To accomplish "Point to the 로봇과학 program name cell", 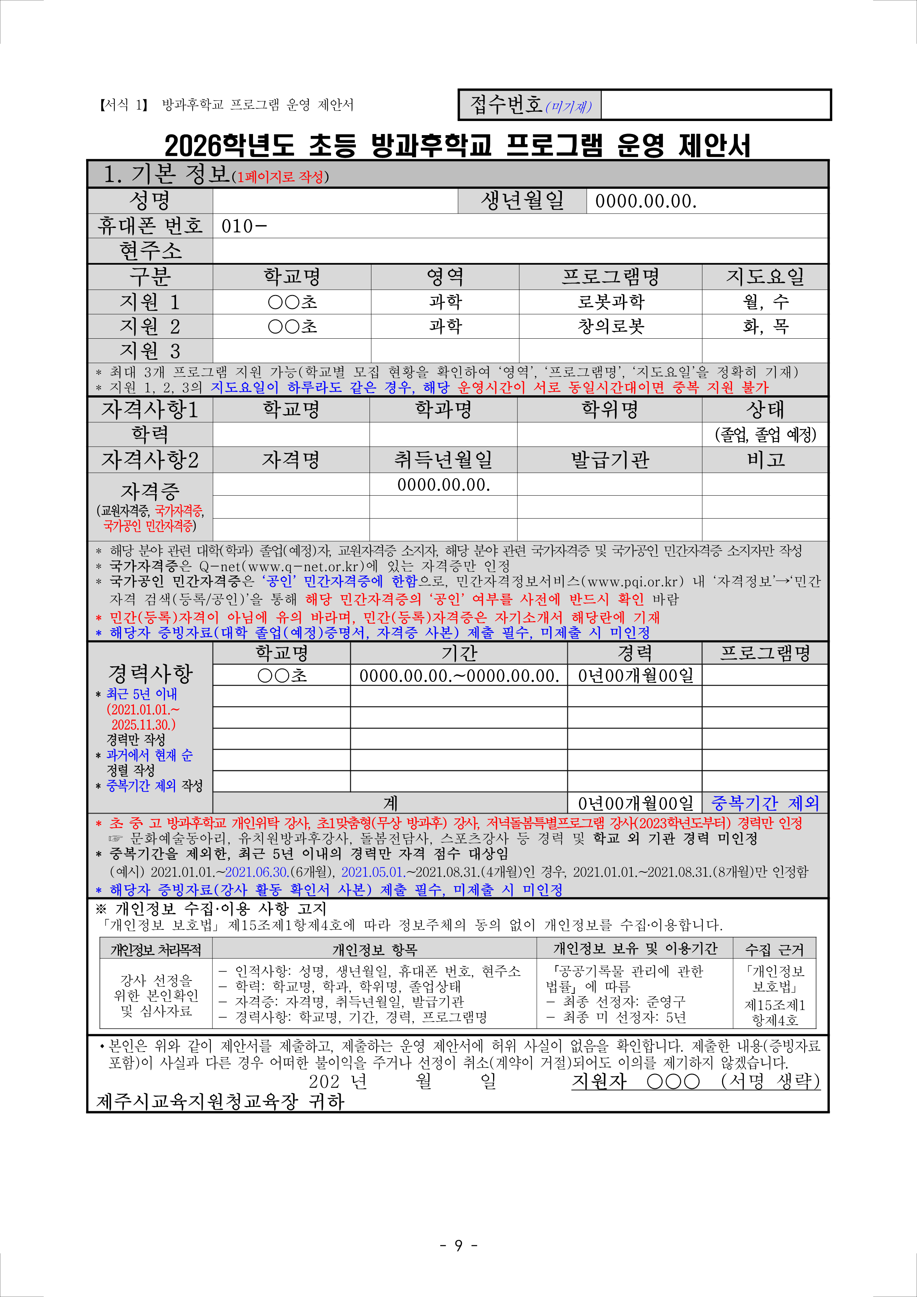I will coord(610,302).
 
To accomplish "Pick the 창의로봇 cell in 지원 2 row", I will coord(610,326).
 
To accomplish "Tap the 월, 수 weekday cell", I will coord(765,302).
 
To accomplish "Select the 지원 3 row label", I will coord(150,351).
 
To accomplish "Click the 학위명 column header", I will coord(610,409).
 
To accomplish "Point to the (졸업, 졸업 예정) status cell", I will coord(765,435).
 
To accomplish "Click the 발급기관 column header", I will coord(610,460).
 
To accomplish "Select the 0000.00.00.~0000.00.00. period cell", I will coord(459,676).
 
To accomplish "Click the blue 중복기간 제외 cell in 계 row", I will coord(765,803).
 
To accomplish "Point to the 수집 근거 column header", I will coord(774,949).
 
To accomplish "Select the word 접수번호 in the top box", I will coord(506,104).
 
